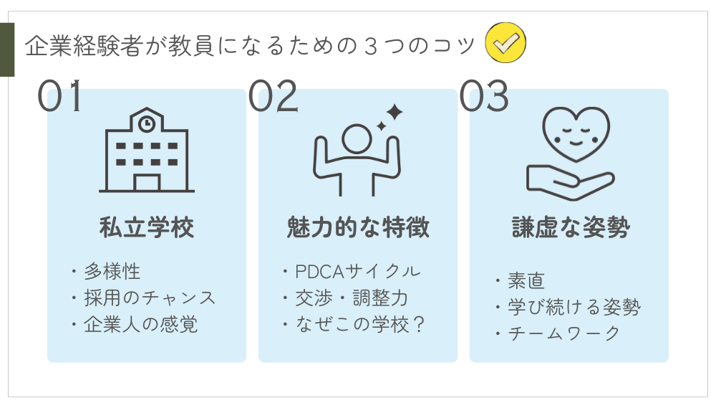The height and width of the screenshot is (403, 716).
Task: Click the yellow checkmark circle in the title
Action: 505,43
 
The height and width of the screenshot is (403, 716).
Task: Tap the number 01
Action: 60,96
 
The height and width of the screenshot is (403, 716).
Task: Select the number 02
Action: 273,96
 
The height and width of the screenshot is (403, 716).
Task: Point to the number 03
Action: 484,96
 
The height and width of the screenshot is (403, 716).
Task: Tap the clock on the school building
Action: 147,123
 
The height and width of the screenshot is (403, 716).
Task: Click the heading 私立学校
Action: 147,227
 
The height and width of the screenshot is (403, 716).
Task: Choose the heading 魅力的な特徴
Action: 358,227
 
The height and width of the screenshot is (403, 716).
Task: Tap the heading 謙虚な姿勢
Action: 571,227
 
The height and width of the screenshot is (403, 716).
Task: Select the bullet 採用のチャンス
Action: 150,298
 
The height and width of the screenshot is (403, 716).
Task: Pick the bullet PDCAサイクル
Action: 358,271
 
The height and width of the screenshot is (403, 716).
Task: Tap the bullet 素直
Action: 526,280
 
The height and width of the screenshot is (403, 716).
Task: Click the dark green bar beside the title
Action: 7,49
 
